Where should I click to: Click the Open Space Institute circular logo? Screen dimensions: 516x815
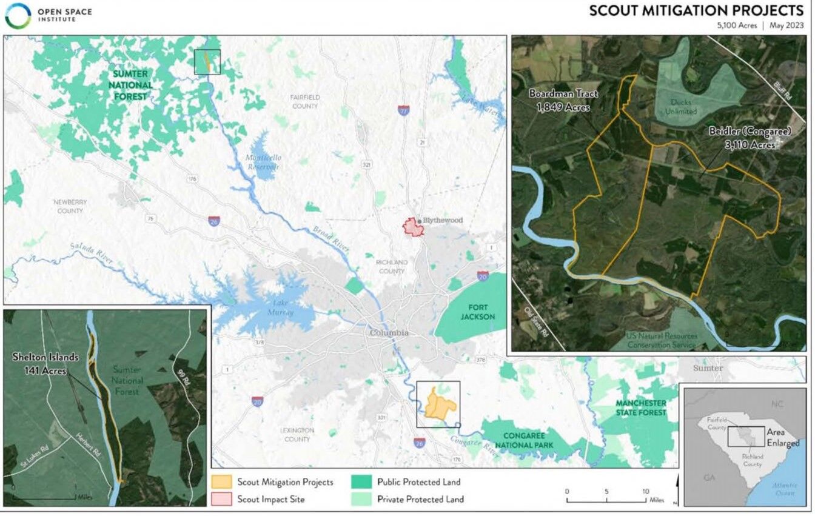click(x=17, y=16)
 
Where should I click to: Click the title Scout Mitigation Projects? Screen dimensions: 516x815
click(x=696, y=10)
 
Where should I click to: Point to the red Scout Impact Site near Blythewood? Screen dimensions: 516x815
click(x=414, y=228)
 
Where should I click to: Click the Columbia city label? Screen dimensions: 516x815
click(x=389, y=333)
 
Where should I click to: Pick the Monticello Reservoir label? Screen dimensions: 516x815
click(x=263, y=162)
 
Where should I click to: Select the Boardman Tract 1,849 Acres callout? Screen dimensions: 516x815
click(x=563, y=101)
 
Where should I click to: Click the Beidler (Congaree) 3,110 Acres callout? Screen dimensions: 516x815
click(x=742, y=138)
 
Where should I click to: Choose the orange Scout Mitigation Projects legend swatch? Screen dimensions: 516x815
click(x=221, y=482)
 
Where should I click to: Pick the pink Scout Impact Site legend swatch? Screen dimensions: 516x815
click(x=221, y=500)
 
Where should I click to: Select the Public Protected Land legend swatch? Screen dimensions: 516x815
click(x=361, y=482)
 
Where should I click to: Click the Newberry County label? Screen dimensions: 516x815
click(x=67, y=206)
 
